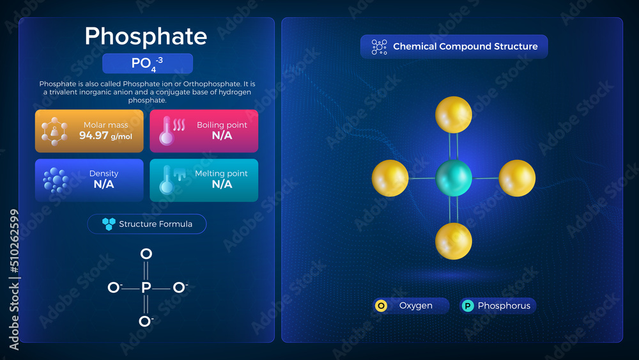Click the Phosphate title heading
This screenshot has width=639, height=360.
coord(146,36)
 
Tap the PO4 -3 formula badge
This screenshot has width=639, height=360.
coord(148,63)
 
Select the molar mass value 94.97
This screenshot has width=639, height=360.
coord(94,136)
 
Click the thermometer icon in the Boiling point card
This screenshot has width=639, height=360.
coord(167,131)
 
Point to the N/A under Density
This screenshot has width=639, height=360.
coord(104,184)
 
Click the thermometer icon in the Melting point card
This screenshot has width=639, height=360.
coord(167,180)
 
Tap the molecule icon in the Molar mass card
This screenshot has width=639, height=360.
coord(54,131)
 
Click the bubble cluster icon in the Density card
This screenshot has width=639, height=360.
coord(56,180)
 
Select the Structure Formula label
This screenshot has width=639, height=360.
coord(156,224)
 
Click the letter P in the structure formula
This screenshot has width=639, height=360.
coord(146,288)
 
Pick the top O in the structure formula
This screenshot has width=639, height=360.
coord(146,254)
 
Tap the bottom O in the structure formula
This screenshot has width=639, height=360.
coord(144,321)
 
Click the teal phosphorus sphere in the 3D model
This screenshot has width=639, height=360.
coord(454,178)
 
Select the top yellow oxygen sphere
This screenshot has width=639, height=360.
coord(454,114)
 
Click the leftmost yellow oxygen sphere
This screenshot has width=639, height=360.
coord(390,178)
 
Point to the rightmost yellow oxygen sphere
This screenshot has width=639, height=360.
coord(517,178)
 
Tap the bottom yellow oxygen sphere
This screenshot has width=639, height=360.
coord(454,241)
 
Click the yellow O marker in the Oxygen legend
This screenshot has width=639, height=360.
coord(381,306)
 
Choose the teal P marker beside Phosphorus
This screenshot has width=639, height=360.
coord(468,306)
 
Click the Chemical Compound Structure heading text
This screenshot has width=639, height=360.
coord(465,47)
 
